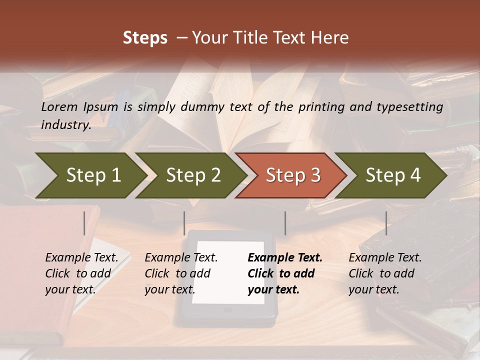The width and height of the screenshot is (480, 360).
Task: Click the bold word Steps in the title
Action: coord(145,38)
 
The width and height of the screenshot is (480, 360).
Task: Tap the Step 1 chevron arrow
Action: coord(90,175)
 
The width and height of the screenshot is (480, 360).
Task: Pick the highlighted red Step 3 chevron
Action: coord(291,175)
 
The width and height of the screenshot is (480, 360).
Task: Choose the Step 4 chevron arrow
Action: coord(391,175)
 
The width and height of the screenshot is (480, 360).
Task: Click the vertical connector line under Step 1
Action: coord(84,223)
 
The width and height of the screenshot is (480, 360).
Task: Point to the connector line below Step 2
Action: coord(184,223)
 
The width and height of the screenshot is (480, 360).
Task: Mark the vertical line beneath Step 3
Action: coord(285,223)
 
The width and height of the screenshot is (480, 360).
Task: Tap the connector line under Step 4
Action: coord(386,223)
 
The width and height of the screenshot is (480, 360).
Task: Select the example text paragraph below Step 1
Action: coord(81,273)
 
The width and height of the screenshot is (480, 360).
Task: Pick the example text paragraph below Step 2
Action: coord(180,273)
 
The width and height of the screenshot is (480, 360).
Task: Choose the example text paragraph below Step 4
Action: coord(384,273)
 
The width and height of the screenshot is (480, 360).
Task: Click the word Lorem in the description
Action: coord(59,107)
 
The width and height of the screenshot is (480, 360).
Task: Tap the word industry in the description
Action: coord(65,125)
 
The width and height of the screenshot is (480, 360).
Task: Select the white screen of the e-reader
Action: coord(228,272)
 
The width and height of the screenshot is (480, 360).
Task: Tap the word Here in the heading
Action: coord(331,38)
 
